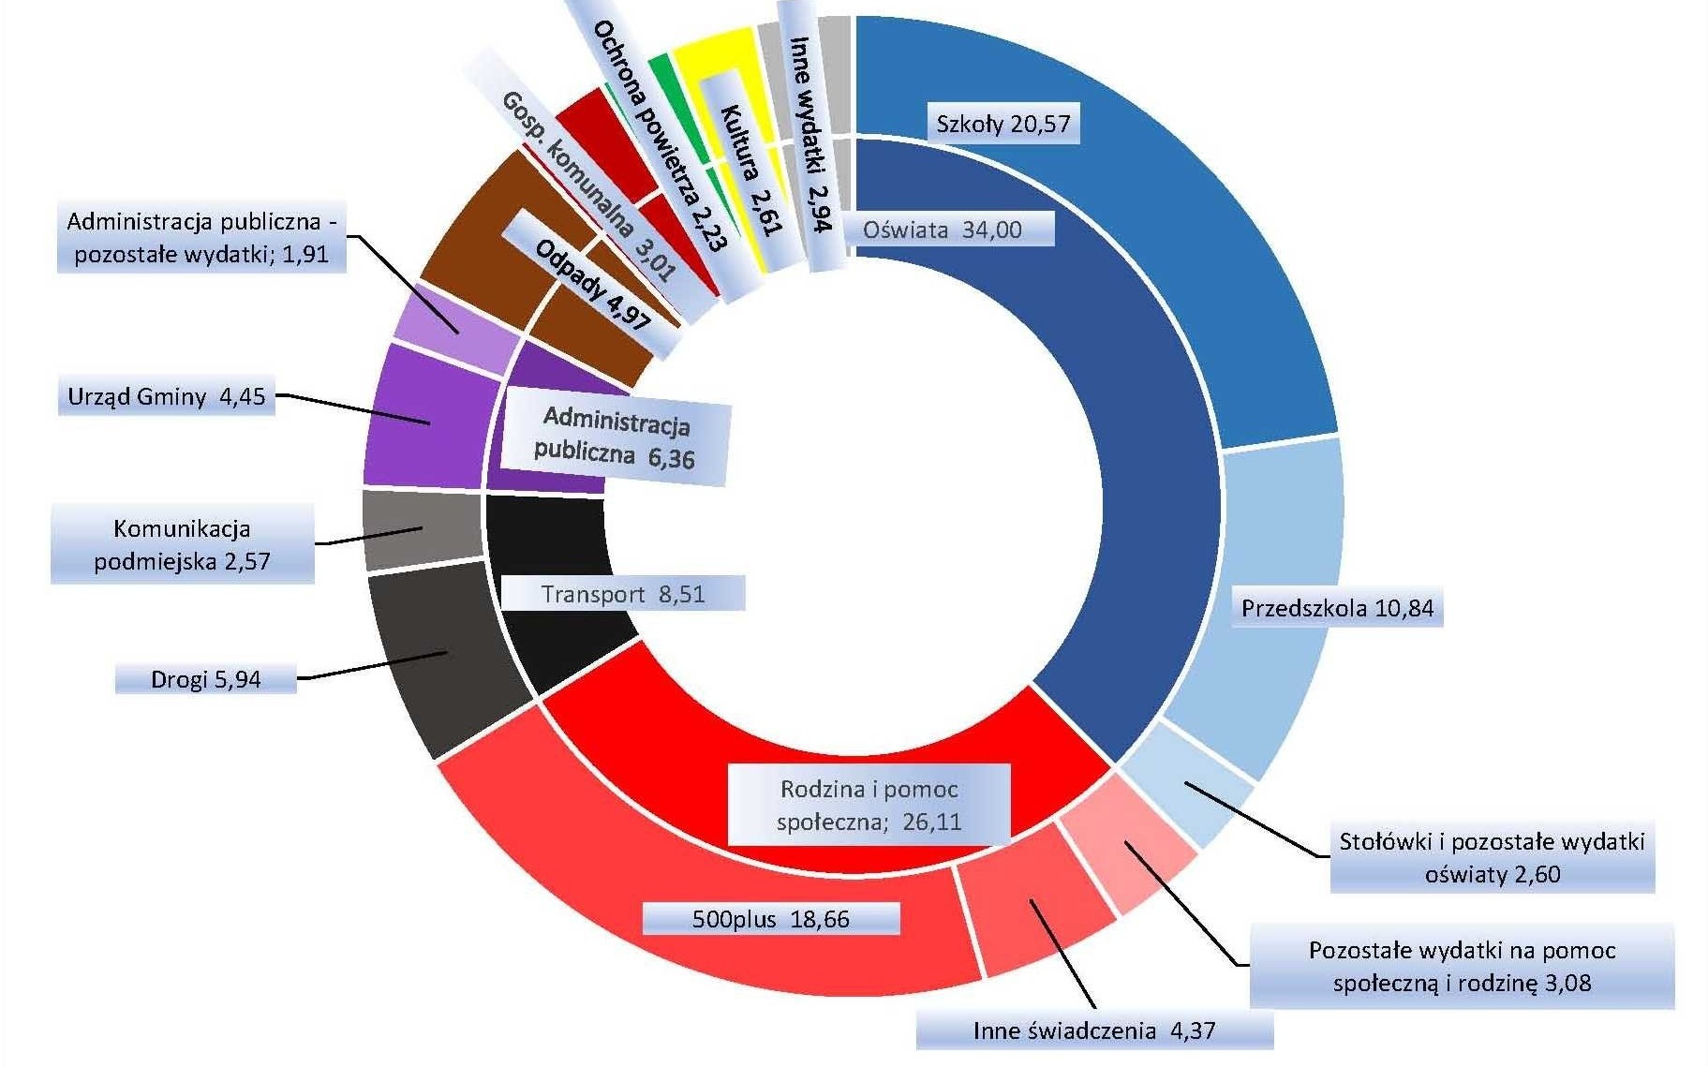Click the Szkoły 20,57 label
pyautogui.click(x=1003, y=124)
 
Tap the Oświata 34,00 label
pyautogui.click(x=943, y=230)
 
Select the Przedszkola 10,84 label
pyautogui.click(x=1337, y=608)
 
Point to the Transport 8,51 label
pyautogui.click(x=623, y=594)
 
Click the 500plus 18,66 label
pyautogui.click(x=770, y=919)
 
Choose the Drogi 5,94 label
pyautogui.click(x=205, y=679)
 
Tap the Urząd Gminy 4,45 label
pyautogui.click(x=167, y=396)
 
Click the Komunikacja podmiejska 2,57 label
pyautogui.click(x=182, y=544)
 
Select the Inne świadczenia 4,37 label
pyautogui.click(x=1093, y=1031)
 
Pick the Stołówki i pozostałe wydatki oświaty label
pyautogui.click(x=1492, y=858)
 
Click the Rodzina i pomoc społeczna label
pyautogui.click(x=869, y=805)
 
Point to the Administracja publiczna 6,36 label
pyautogui.click(x=615, y=437)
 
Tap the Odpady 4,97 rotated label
pyautogui.click(x=592, y=284)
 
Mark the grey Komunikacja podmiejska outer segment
pyautogui.click(x=422, y=529)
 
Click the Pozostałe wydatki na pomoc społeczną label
pyautogui.click(x=1462, y=967)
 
